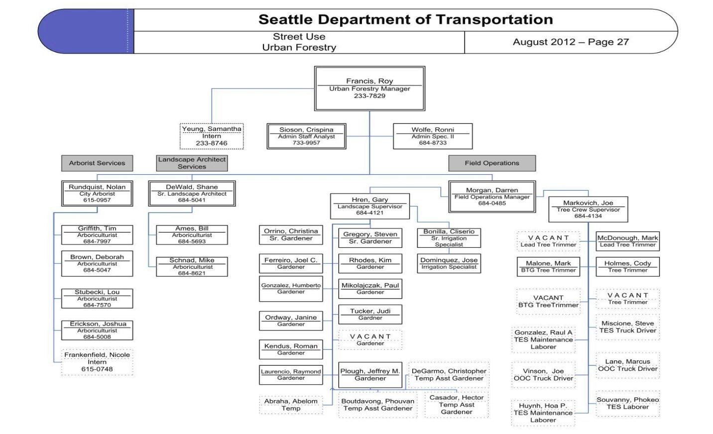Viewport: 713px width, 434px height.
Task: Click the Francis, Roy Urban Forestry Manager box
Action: (369, 89)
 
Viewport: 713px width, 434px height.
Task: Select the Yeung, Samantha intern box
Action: (212, 136)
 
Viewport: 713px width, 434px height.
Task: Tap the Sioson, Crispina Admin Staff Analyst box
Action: (306, 136)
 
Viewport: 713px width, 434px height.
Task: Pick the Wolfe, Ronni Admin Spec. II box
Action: (433, 136)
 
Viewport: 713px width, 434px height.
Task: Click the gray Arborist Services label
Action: (97, 163)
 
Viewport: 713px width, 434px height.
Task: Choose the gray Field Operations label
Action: (492, 163)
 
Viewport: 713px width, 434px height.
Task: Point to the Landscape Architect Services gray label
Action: (192, 163)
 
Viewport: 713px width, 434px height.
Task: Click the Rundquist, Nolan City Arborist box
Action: (97, 193)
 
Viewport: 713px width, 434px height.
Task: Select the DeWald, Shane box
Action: (192, 193)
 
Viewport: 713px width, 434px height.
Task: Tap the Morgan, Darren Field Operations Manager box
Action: (492, 197)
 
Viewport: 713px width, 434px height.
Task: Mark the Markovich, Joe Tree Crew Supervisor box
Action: (588, 209)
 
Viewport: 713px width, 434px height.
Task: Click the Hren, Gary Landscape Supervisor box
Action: (370, 206)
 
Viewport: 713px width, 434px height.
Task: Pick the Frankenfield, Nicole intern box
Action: (97, 362)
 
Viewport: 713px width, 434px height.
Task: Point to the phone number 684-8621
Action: (192, 273)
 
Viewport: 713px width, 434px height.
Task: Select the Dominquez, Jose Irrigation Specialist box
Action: (449, 263)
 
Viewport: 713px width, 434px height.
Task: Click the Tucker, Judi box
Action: (370, 314)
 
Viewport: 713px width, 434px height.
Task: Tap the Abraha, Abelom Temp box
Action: (291, 405)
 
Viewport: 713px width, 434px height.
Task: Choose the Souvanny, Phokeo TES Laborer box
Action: (627, 403)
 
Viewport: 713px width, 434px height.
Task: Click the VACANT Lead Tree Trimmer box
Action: (548, 241)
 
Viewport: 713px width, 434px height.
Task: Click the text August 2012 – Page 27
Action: (571, 42)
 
